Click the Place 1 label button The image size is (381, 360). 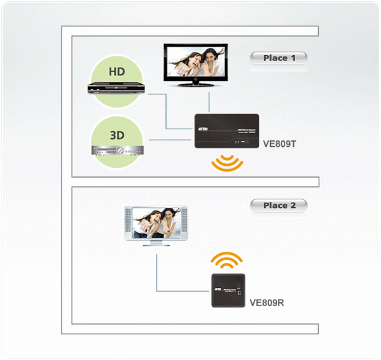pos(279,58)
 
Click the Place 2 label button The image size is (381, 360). pos(279,206)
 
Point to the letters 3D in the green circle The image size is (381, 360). pos(117,134)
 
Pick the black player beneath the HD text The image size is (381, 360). pos(117,90)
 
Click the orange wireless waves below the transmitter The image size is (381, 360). pos(227,164)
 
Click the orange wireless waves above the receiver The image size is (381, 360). pos(228,261)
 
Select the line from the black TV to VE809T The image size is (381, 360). pos(208,102)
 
